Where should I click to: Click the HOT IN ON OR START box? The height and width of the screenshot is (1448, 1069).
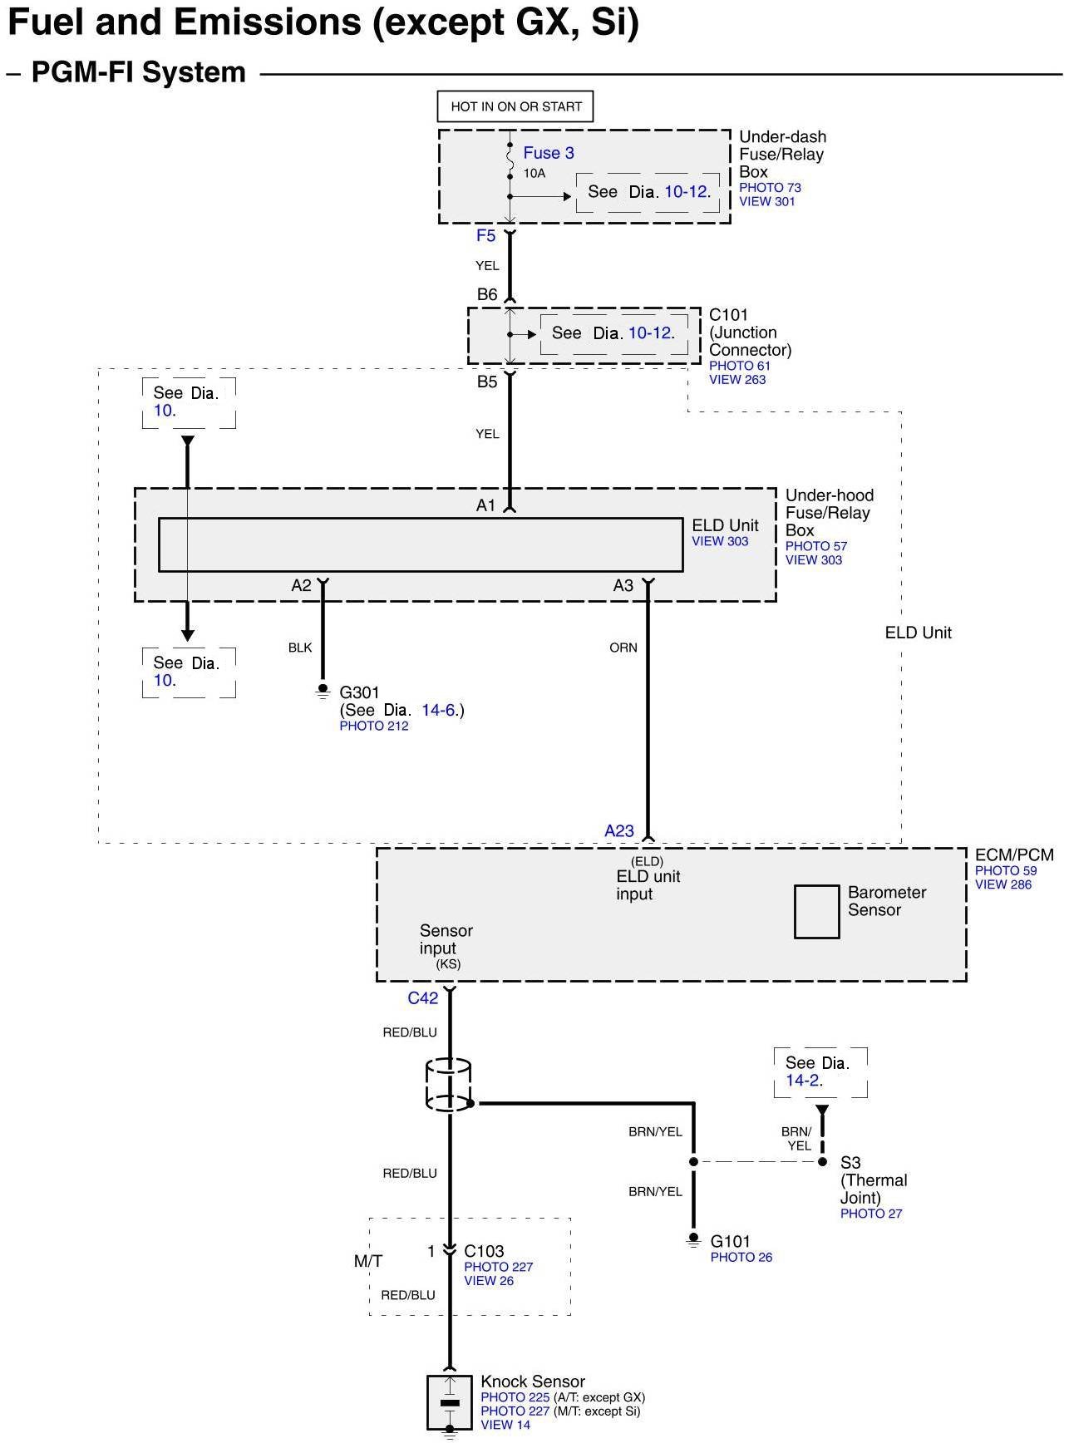click(x=515, y=106)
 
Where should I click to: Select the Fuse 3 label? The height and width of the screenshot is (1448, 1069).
click(x=549, y=153)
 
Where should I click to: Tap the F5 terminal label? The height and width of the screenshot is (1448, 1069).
click(x=485, y=236)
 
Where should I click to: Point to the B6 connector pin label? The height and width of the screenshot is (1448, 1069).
click(x=487, y=294)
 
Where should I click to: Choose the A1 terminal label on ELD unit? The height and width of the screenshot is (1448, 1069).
click(x=485, y=505)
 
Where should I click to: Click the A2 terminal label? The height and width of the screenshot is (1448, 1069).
click(x=301, y=586)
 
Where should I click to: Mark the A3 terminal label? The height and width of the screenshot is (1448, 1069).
click(x=623, y=586)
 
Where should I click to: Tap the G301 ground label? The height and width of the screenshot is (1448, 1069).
click(x=359, y=692)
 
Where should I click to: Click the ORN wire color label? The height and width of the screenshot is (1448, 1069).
click(x=623, y=648)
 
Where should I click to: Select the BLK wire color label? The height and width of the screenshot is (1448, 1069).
click(x=300, y=648)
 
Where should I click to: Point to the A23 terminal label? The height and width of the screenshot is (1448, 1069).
click(x=619, y=831)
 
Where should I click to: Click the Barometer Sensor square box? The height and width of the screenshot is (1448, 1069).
click(x=816, y=912)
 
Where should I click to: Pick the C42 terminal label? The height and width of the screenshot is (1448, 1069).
click(x=422, y=998)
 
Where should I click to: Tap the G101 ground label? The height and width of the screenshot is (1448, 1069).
click(x=731, y=1241)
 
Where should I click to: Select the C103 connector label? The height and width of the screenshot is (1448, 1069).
click(x=484, y=1251)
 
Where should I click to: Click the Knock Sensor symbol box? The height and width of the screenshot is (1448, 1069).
click(x=449, y=1402)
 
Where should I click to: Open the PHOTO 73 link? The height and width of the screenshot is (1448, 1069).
click(x=770, y=188)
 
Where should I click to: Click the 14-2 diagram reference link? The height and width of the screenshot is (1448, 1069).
click(x=803, y=1081)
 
